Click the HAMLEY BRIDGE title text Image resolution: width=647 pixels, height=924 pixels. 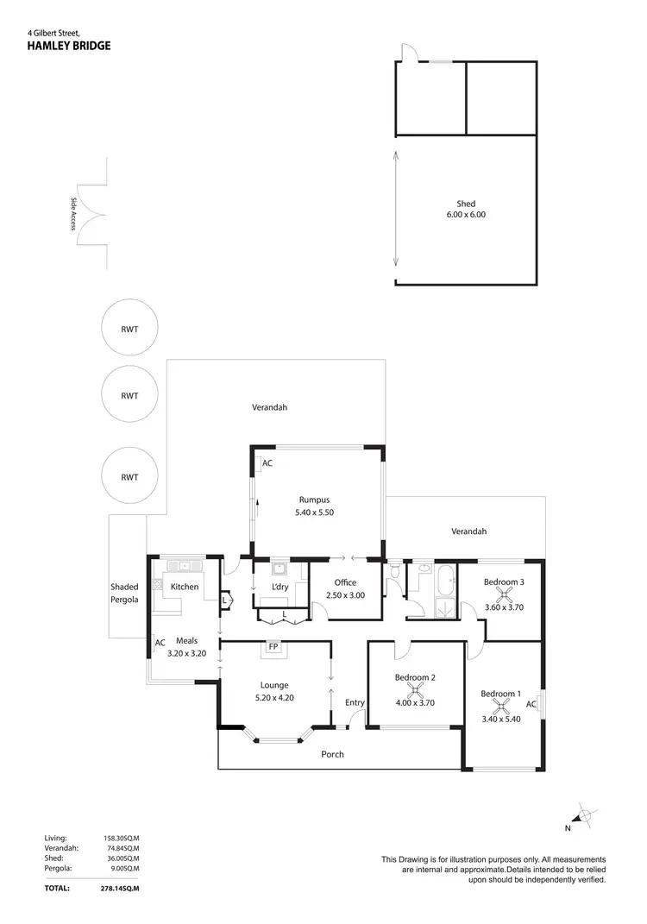coord(69,46)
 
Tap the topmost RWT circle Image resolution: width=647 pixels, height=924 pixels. coord(129,330)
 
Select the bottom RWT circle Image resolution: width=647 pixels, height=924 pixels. coord(129,476)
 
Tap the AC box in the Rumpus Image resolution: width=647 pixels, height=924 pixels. coord(267,462)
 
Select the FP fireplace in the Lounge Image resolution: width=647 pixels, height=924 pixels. coord(273,646)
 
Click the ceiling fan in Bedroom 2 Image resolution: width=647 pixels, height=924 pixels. coord(414,690)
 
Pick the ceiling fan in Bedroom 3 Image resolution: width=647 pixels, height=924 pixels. coord(504,594)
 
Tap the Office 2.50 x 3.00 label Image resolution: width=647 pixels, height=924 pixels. coord(345,589)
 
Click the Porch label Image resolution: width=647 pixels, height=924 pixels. coord(332,754)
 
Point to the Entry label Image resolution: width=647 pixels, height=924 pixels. coord(355,703)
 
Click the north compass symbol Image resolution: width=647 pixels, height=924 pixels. coord(584,814)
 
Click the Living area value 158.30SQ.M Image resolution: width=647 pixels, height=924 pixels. coord(120,838)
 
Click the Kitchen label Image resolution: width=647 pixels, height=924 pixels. coord(185,587)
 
